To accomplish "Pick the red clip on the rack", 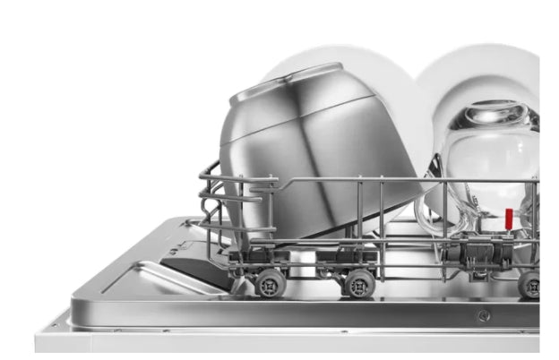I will pyautogui.click(x=508, y=220).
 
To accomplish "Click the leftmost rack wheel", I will pyautogui.click(x=268, y=282).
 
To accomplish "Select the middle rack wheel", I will pyautogui.click(x=358, y=282).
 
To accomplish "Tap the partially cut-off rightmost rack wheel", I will pyautogui.click(x=529, y=285).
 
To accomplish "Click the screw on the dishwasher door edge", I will pyautogui.click(x=484, y=314).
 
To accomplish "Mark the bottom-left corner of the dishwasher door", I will pyautogui.click(x=39, y=345).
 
